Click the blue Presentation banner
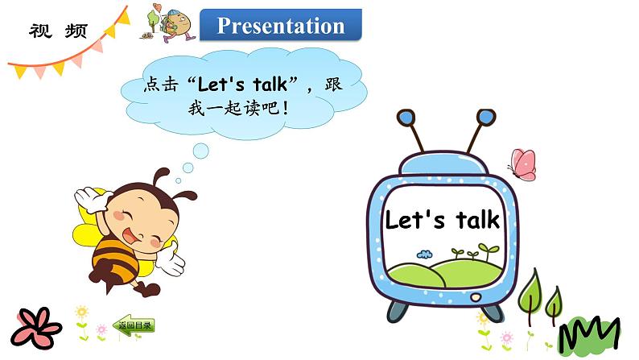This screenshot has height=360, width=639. click(281, 26)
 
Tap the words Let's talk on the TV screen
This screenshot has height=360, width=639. click(442, 220)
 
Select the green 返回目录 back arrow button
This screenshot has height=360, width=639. click(133, 326)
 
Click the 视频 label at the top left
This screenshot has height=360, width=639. click(60, 31)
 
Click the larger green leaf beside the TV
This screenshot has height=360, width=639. click(532, 294)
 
